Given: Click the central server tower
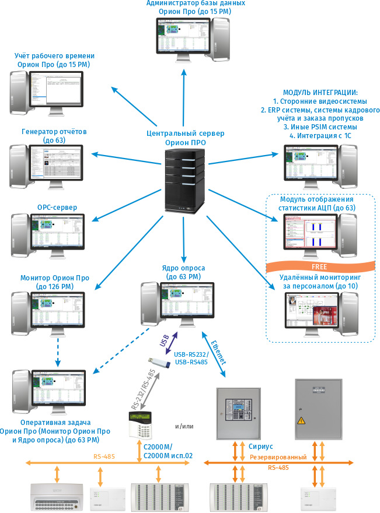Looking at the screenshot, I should pyautogui.click(x=185, y=180).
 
